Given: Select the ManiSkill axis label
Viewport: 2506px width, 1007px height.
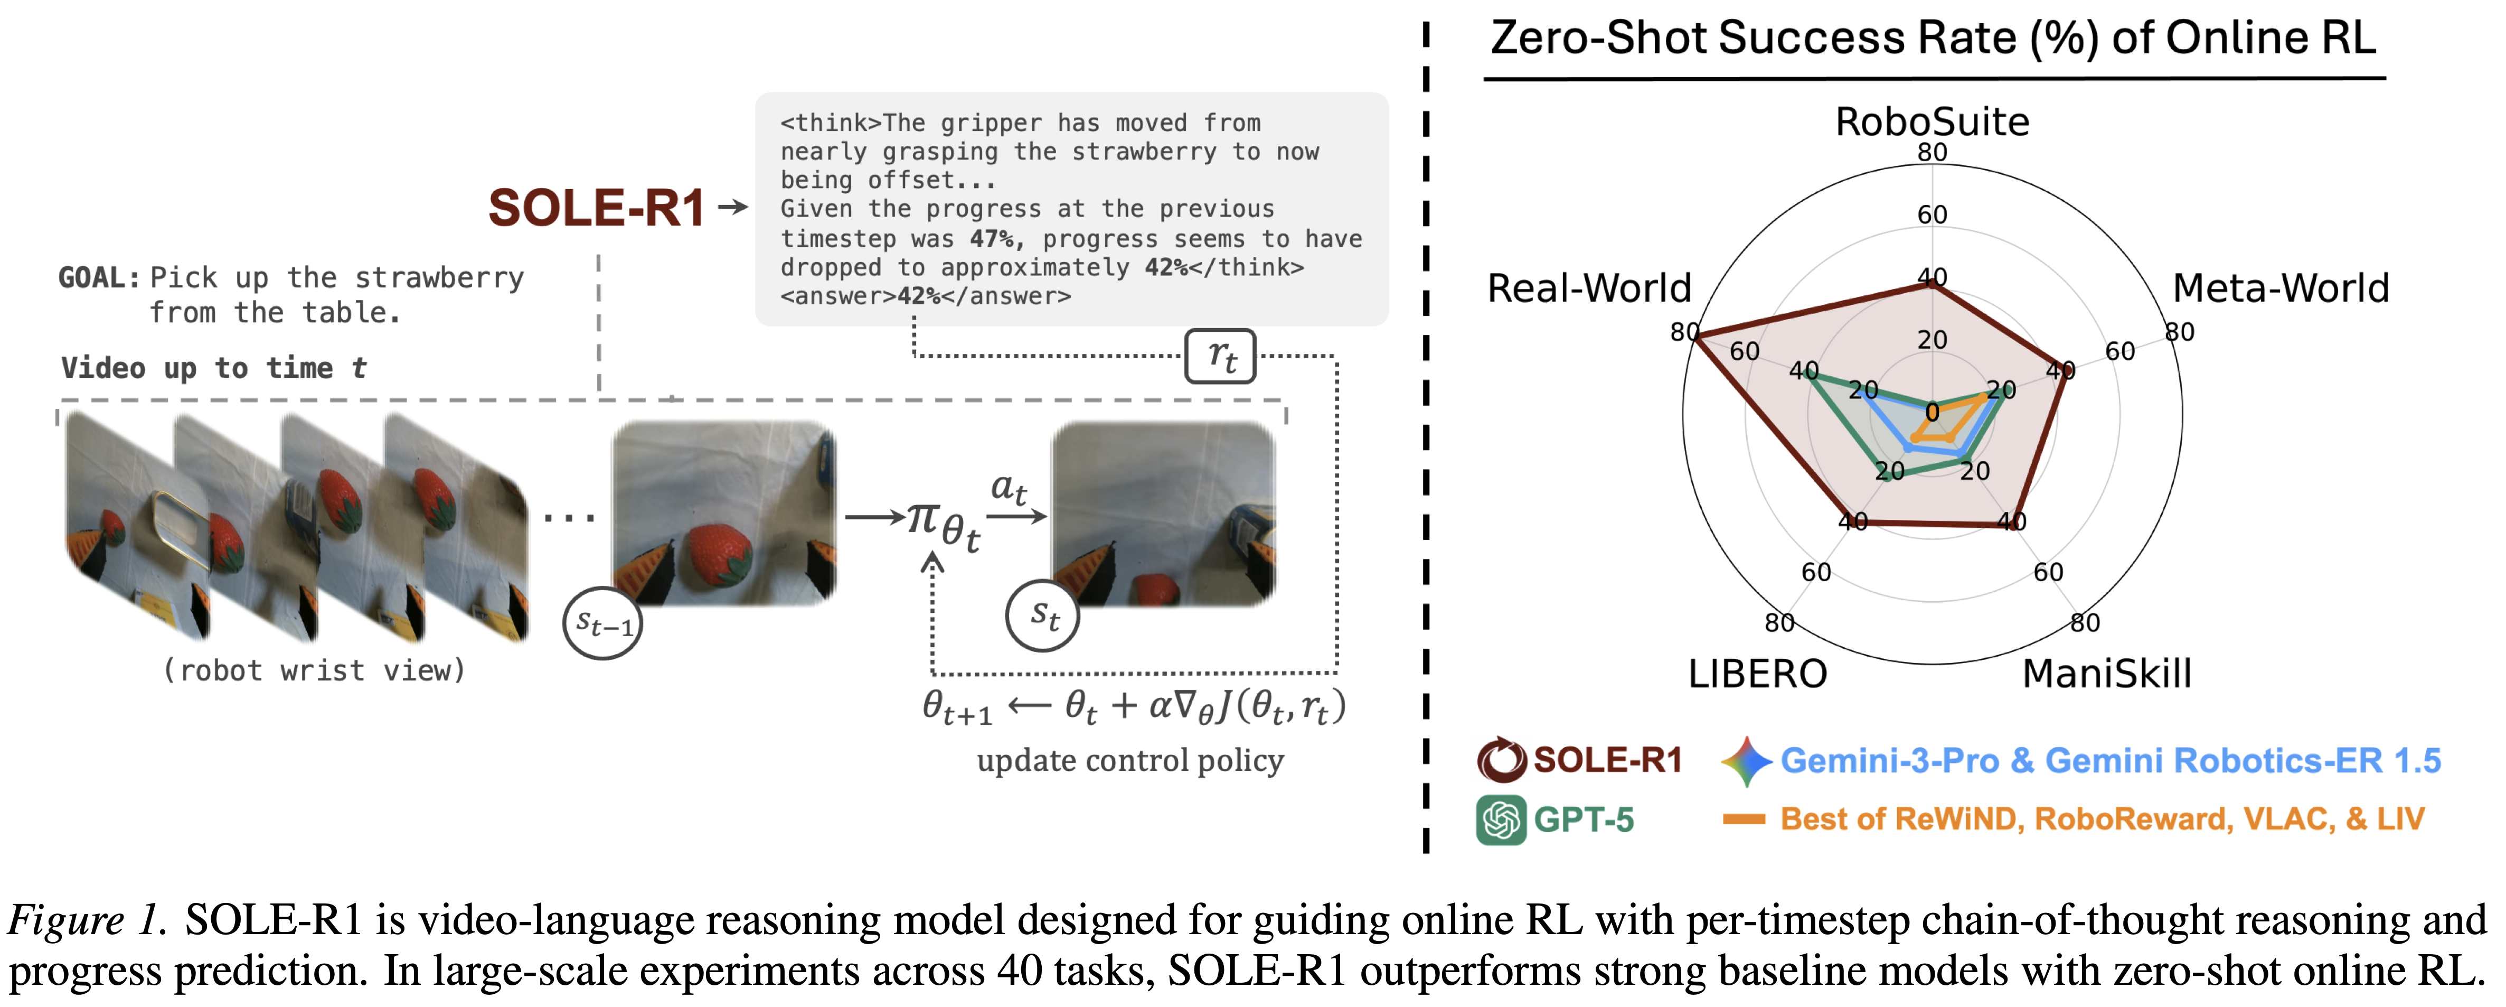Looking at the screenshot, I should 2106,673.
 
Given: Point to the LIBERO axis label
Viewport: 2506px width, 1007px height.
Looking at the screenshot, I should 1757,673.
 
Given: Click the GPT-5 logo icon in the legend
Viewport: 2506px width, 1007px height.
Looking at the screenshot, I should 1500,819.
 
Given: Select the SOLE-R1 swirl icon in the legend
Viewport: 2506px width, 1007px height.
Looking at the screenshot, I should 1501,760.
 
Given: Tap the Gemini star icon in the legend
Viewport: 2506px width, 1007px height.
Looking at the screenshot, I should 1746,760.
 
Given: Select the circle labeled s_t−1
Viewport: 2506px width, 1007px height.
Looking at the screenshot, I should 602,623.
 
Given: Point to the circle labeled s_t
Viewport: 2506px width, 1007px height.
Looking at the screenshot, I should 1042,615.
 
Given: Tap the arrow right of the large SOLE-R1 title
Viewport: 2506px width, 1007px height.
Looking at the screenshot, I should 732,206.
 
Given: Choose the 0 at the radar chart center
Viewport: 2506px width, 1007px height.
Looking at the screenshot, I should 1932,413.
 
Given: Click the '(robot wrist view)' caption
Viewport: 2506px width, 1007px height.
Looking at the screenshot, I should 313,670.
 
